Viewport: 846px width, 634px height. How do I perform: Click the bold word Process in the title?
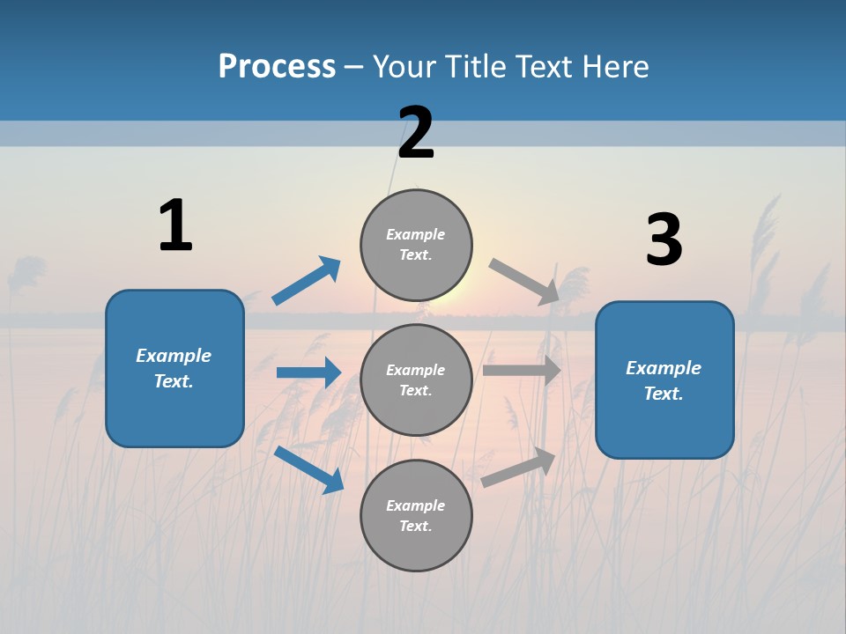[277, 67]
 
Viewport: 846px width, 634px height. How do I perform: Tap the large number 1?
[175, 226]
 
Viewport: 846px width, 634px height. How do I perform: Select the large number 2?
[416, 133]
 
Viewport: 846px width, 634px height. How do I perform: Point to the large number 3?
[664, 240]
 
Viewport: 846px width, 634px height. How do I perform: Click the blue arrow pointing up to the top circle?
[307, 281]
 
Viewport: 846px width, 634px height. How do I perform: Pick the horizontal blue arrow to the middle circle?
[308, 372]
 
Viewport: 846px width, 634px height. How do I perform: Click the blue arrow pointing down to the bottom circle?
[308, 469]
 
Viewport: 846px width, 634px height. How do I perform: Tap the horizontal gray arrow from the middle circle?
[522, 371]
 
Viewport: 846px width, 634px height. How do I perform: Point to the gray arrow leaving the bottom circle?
[519, 467]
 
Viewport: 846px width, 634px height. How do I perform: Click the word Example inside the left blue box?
[174, 356]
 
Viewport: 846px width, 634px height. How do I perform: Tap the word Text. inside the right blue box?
[664, 394]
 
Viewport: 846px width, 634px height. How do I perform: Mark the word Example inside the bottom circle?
[415, 505]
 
